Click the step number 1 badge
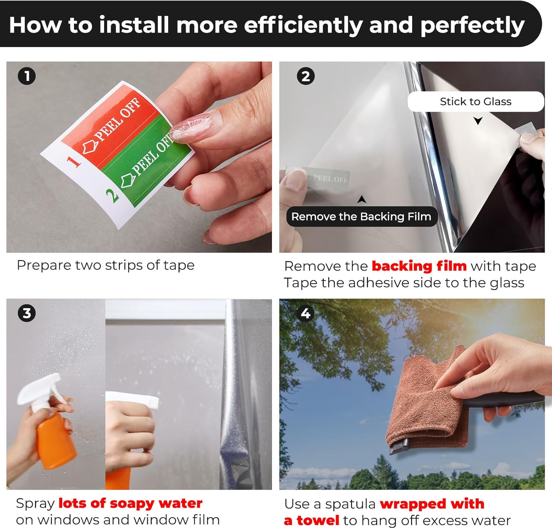click(27, 76)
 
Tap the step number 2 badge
click(306, 76)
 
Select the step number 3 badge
click(27, 313)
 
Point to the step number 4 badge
click(306, 313)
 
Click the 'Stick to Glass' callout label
click(475, 101)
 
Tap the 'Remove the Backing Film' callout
click(361, 217)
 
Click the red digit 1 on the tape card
click(74, 161)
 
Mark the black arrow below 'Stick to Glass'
click(478, 121)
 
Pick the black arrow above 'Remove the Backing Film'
click(362, 199)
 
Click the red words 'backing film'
click(419, 266)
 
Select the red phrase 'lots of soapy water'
click(130, 503)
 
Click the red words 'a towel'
click(311, 520)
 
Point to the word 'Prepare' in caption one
click(44, 265)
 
